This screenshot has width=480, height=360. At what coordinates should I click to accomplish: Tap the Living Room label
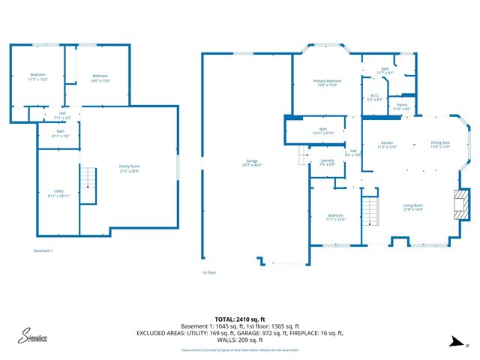click(x=413, y=207)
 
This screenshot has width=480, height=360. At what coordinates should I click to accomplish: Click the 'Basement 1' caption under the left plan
click(x=43, y=250)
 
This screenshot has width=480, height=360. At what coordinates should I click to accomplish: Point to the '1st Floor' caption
click(x=208, y=272)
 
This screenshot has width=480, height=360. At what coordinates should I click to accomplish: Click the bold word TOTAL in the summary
click(x=226, y=319)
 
